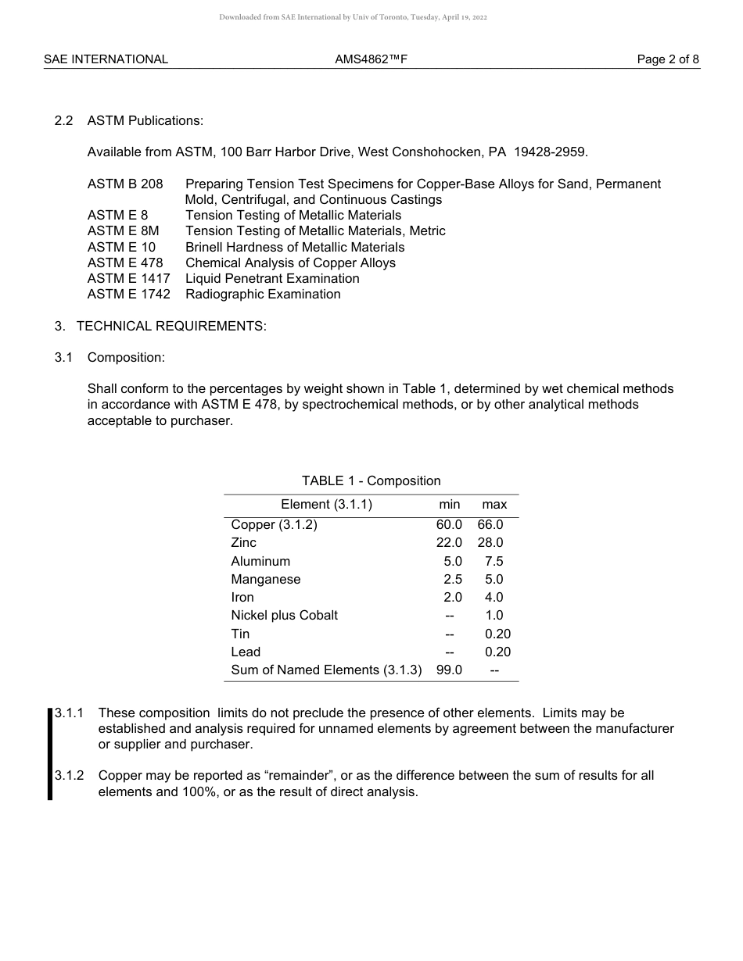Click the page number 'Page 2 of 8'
coord(668,59)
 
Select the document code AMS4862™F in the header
coord(371,59)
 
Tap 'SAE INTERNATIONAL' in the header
coord(106,59)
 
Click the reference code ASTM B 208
coord(125,184)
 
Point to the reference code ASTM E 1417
coord(128,278)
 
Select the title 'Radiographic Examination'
coord(263,295)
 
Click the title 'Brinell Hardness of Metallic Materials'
coord(295,247)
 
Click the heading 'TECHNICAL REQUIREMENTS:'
coord(171,326)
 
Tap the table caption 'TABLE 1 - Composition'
coord(371,480)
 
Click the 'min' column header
coord(450,505)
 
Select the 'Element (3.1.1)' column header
coord(326,505)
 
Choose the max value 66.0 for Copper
coord(490,525)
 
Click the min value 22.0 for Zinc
coord(449,543)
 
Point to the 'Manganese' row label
coord(266,580)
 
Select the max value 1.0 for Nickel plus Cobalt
coord(494,616)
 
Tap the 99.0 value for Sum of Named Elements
coord(449,670)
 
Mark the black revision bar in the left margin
coord(50,754)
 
